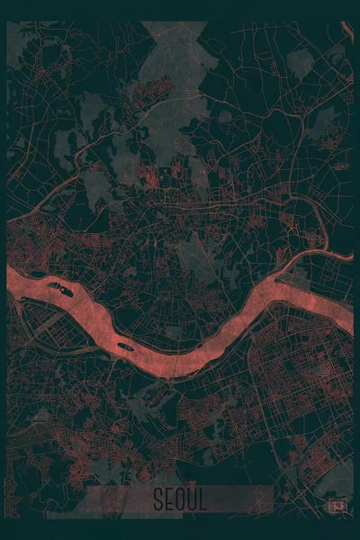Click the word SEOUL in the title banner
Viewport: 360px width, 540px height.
coord(179,499)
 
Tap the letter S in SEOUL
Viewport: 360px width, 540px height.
coord(157,499)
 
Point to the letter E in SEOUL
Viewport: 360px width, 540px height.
coord(168,499)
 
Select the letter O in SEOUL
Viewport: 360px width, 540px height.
coord(179,499)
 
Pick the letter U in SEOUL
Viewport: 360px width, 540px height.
coord(191,499)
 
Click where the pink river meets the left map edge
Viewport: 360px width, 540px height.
coord(11,275)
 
